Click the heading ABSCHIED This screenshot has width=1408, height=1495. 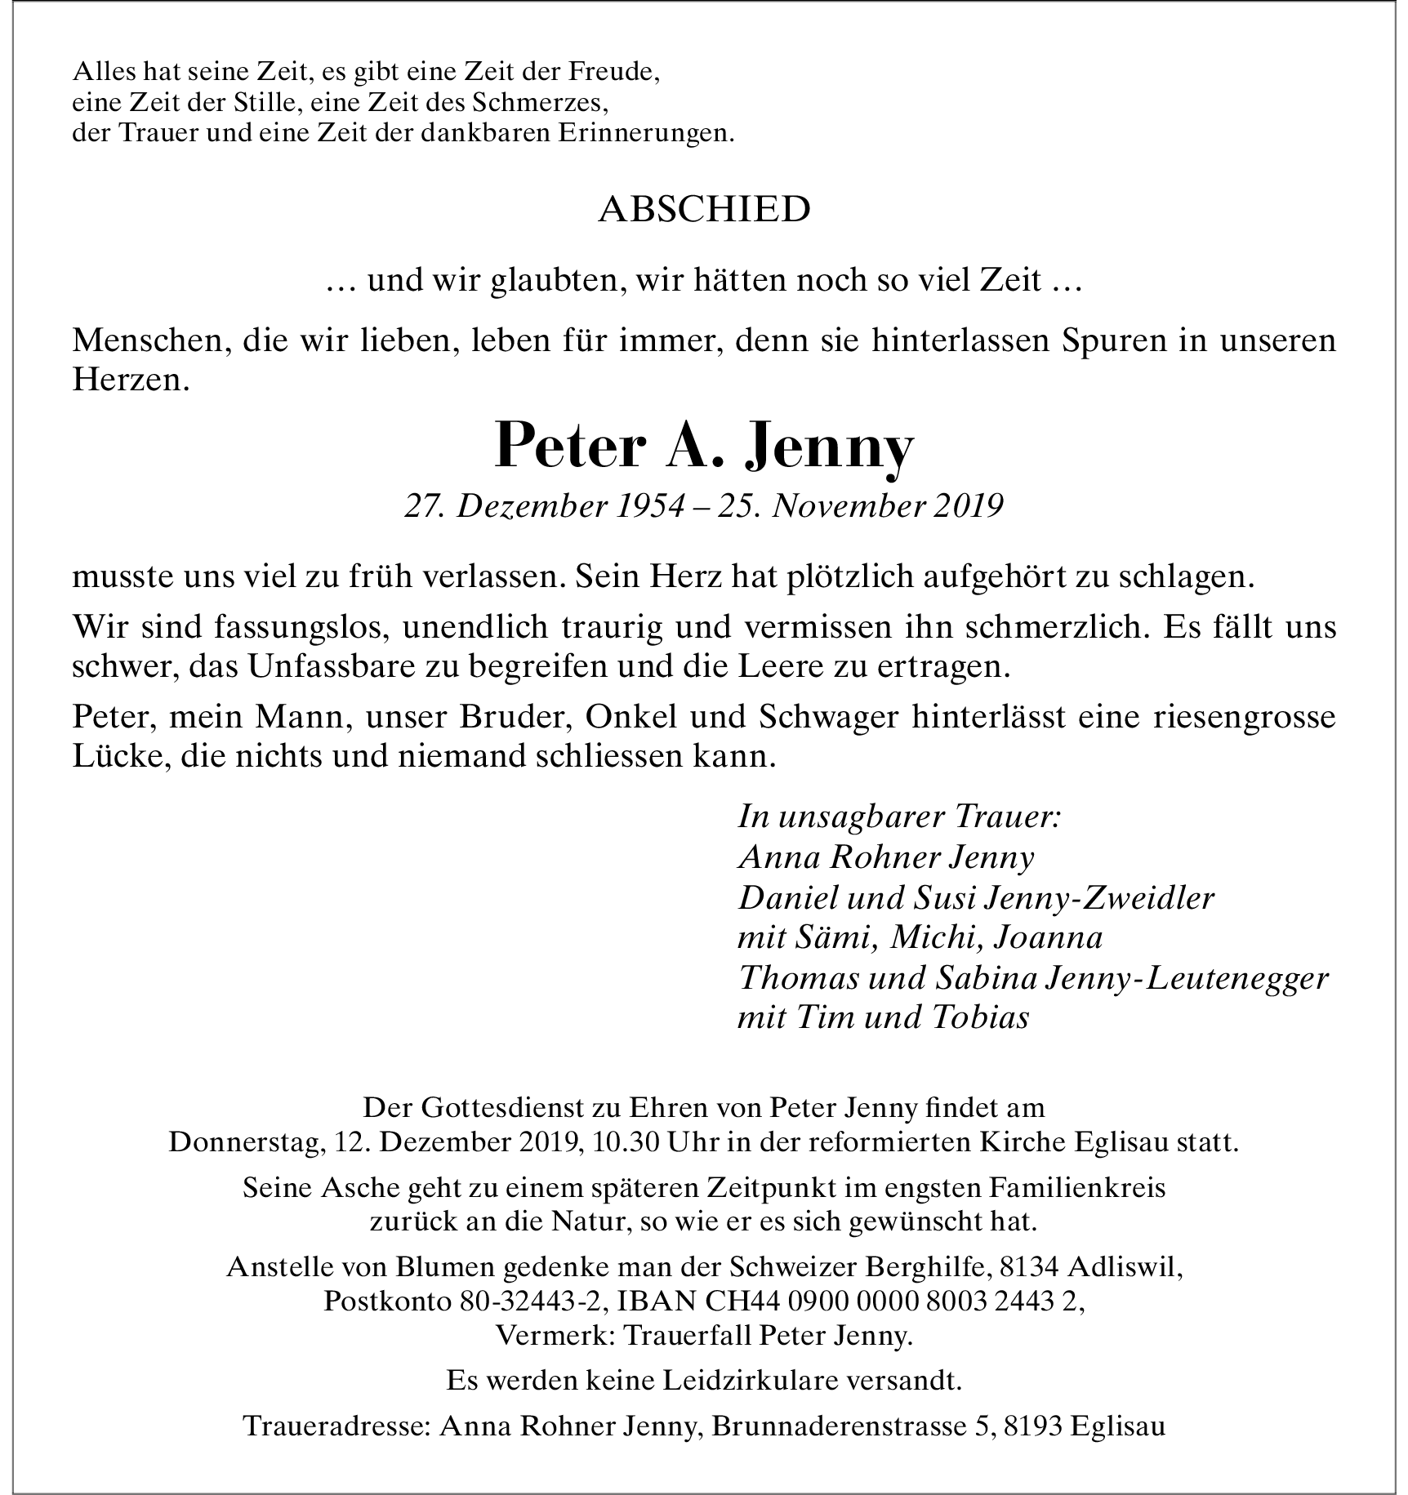(x=704, y=211)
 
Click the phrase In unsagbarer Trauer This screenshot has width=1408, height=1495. (x=899, y=817)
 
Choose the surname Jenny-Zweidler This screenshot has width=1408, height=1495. (x=1100, y=898)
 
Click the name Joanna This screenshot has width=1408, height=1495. (x=1048, y=938)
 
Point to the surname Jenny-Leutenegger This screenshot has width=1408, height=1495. (x=1187, y=978)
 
